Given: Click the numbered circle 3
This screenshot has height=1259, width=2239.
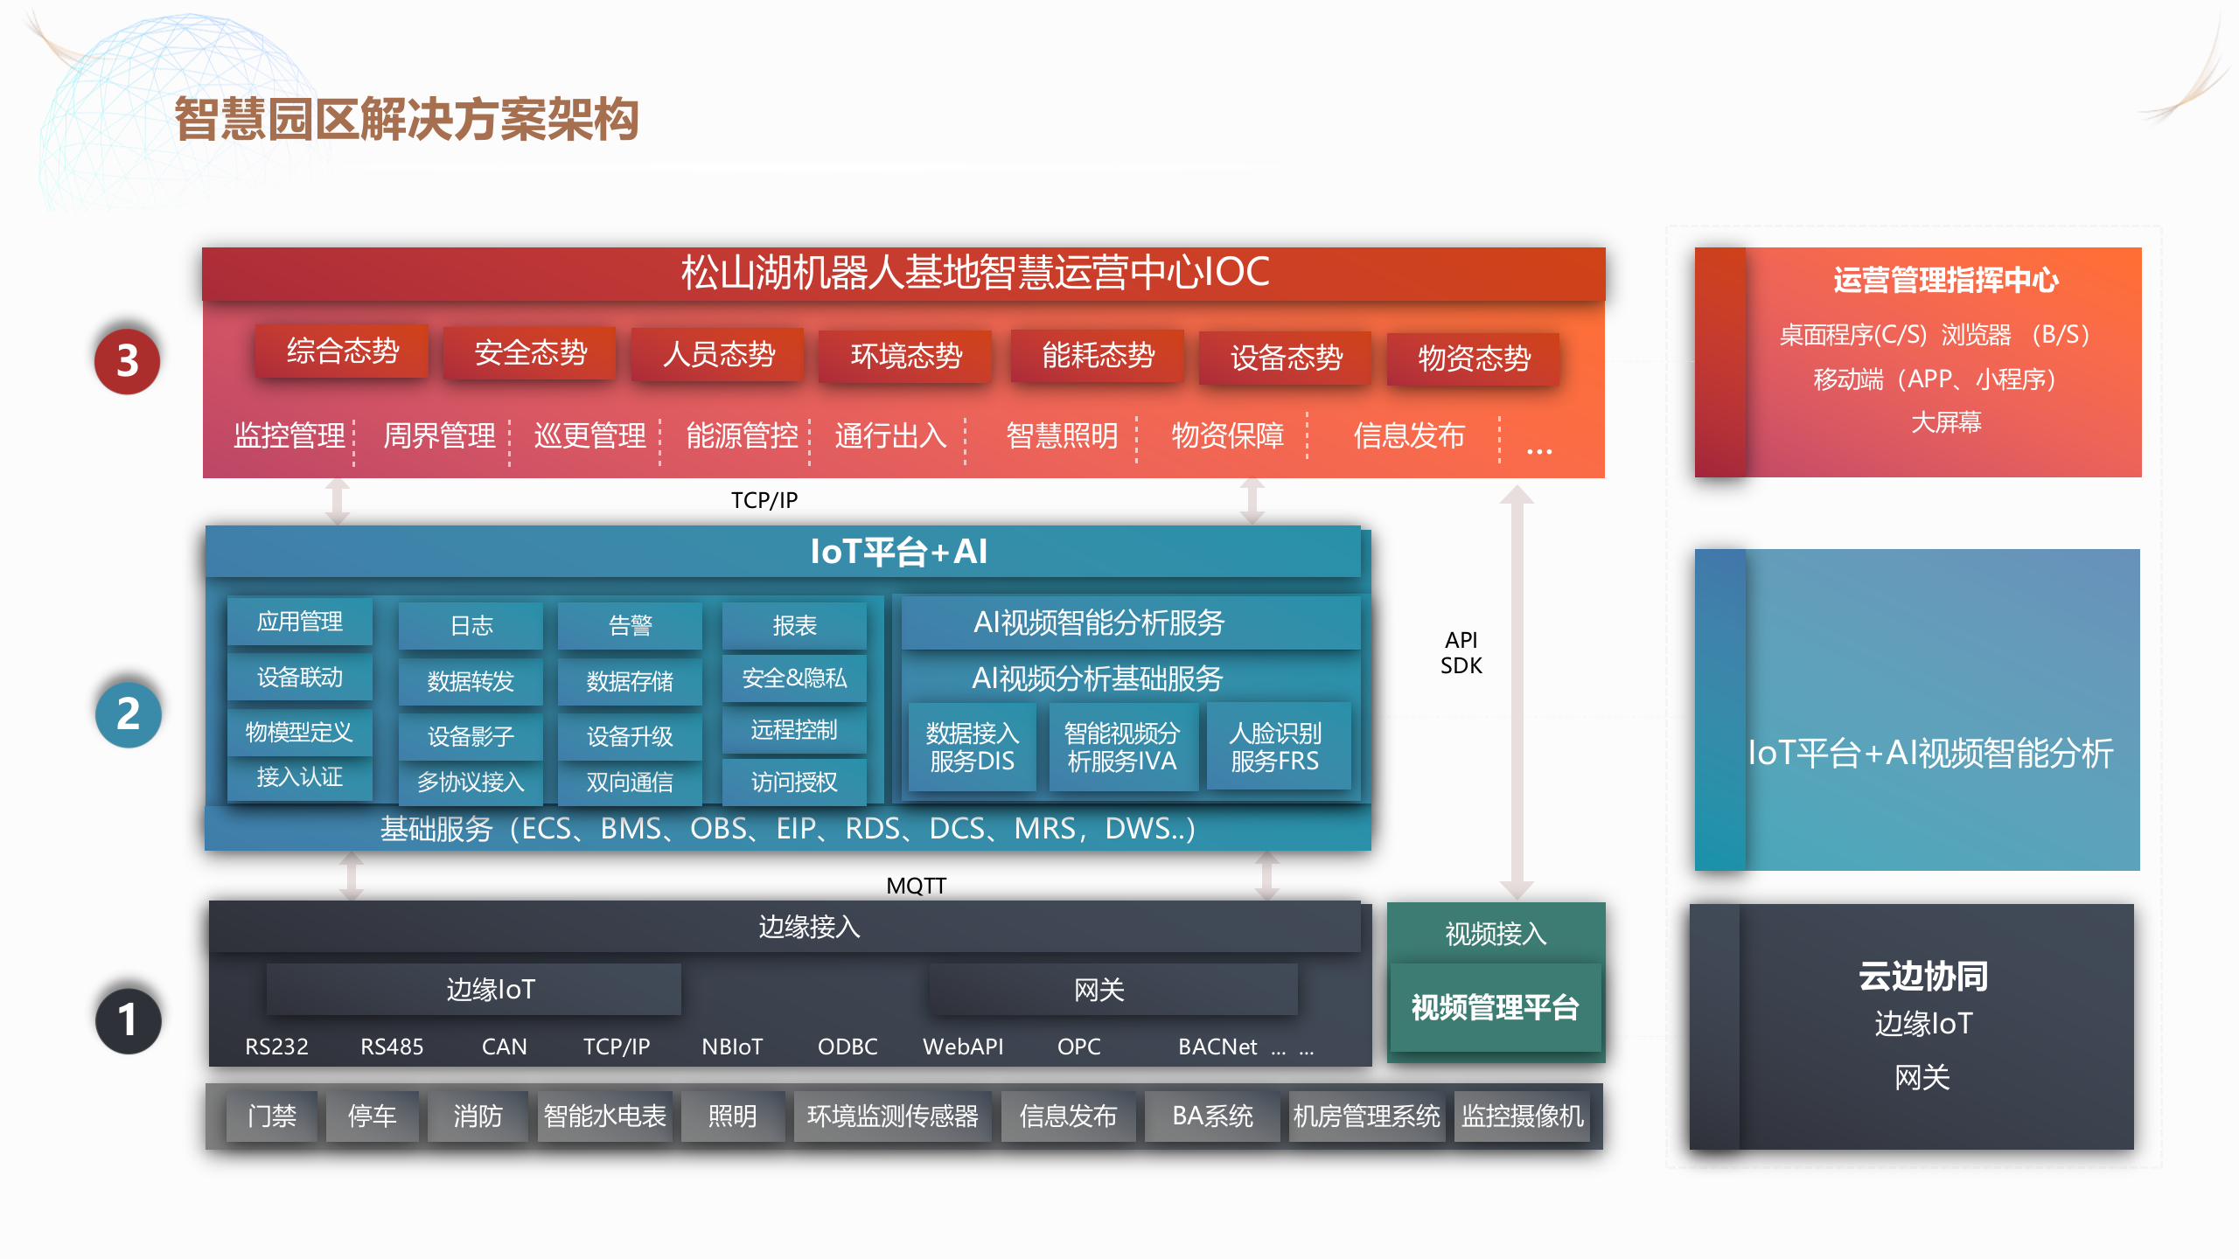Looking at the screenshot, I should (x=128, y=361).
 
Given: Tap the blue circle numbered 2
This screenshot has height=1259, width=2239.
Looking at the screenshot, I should (x=128, y=714).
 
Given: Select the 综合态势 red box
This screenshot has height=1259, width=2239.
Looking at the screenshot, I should (x=342, y=351).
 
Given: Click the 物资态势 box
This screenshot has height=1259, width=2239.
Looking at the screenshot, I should (x=1474, y=358).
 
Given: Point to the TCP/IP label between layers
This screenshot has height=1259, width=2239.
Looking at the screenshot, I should (x=764, y=500).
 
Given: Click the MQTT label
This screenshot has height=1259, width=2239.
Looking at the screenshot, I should (x=916, y=886).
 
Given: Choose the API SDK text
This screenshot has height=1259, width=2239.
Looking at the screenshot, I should (x=1461, y=653).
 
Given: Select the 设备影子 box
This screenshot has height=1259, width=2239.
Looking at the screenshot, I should (x=471, y=736).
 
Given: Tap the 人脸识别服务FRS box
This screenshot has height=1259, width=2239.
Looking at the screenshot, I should (x=1275, y=747).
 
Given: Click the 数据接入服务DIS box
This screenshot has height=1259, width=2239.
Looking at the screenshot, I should (x=972, y=747).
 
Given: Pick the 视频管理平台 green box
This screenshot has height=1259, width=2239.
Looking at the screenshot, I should (x=1495, y=1008).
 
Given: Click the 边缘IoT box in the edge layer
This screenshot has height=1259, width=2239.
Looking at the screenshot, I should (x=491, y=990).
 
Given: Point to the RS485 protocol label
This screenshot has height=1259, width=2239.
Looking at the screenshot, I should (x=392, y=1047).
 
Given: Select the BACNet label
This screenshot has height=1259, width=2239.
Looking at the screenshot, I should (x=1217, y=1047).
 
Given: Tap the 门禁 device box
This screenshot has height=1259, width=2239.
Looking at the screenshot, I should (x=272, y=1116).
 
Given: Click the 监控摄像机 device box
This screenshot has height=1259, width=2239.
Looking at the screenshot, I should (x=1522, y=1116).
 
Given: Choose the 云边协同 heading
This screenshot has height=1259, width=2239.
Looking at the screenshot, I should (x=1922, y=976).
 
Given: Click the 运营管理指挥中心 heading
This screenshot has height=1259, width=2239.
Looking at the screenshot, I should (x=1945, y=280).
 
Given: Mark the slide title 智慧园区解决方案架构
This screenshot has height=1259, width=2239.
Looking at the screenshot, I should (x=407, y=119).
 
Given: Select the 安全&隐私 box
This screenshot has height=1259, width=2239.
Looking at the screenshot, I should (x=794, y=678).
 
